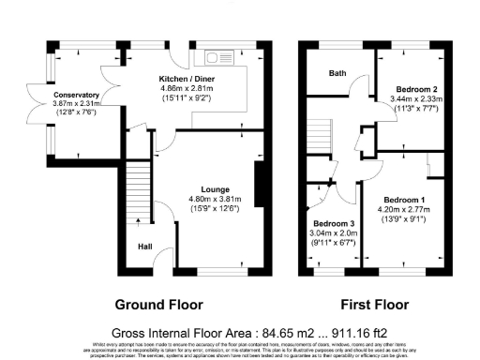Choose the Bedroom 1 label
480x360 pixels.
pyautogui.click(x=406, y=201)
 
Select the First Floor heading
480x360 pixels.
pyautogui.click(x=375, y=305)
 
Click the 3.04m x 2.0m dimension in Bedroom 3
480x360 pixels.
pyautogui.click(x=333, y=234)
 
